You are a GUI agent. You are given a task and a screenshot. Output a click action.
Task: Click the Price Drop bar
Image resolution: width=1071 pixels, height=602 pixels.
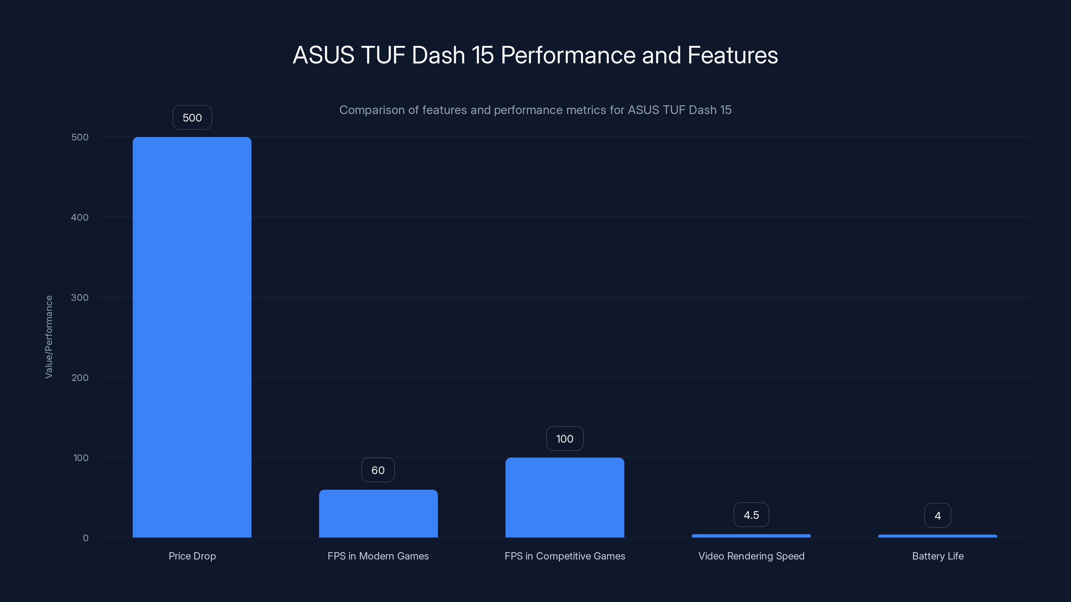[192, 336]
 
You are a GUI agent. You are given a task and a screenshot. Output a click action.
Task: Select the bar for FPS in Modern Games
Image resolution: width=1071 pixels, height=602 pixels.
[378, 513]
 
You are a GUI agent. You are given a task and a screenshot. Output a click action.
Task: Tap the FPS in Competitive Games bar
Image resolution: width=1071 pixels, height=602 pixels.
[564, 497]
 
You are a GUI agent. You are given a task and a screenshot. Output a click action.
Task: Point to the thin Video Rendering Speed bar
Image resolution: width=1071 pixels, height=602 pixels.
[751, 536]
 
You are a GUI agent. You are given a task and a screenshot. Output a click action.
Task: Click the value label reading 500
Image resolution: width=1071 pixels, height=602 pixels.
[192, 118]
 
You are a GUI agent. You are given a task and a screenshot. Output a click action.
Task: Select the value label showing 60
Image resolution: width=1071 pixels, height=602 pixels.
[378, 470]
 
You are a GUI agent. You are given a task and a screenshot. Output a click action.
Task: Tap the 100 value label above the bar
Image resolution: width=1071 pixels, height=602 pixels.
[564, 439]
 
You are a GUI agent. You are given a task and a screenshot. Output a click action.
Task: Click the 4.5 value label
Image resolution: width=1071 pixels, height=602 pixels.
[751, 515]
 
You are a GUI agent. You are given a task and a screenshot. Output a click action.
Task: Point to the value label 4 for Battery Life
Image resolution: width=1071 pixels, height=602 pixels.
[937, 516]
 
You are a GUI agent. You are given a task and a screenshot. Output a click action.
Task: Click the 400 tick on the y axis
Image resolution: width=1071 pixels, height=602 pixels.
[80, 217]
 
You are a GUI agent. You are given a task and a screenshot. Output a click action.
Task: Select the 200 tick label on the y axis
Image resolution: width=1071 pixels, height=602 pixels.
[80, 378]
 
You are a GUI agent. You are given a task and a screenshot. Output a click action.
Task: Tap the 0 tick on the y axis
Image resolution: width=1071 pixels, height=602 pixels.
[86, 538]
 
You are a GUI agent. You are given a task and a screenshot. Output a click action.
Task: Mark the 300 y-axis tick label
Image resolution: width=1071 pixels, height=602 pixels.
[80, 297]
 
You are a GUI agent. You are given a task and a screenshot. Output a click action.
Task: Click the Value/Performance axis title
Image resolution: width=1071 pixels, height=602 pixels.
[49, 337]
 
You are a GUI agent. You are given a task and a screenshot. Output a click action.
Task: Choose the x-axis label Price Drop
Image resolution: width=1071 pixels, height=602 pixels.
[192, 556]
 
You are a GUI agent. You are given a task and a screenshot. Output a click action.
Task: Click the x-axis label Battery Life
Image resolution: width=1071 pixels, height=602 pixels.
[937, 556]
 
